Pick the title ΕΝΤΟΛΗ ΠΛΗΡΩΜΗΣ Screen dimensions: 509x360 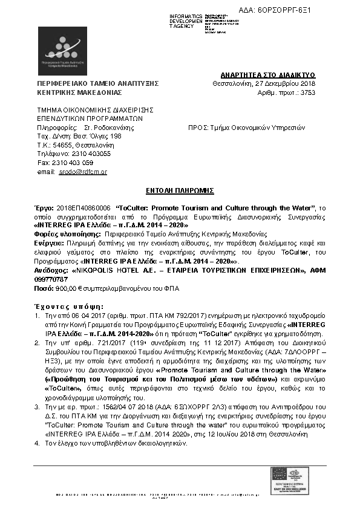[180, 189]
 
